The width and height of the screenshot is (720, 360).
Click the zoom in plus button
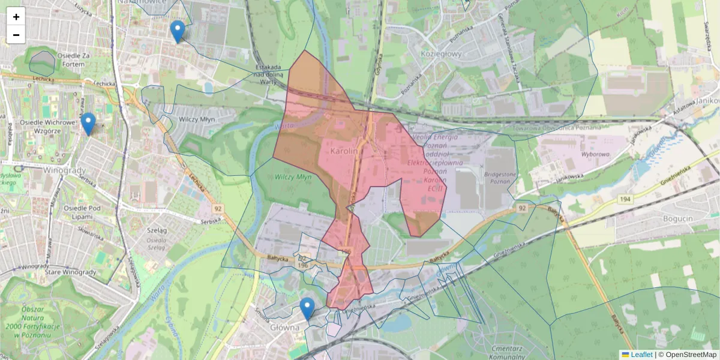click(16, 17)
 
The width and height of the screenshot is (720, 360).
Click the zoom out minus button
click(16, 35)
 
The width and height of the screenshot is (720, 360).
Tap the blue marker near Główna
click(307, 308)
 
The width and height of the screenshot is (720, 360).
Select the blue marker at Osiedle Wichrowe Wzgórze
click(88, 124)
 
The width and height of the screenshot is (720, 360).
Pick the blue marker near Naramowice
click(177, 31)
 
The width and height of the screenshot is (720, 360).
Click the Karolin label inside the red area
click(343, 152)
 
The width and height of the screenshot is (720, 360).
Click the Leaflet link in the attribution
click(641, 355)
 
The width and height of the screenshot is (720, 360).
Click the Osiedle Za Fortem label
click(74, 60)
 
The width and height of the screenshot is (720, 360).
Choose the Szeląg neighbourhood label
click(157, 230)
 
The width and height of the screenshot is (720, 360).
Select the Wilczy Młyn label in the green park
click(293, 177)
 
